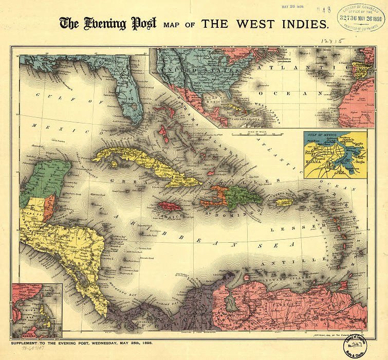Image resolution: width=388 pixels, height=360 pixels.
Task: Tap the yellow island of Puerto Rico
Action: (284, 202)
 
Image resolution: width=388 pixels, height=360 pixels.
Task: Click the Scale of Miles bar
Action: (257, 135)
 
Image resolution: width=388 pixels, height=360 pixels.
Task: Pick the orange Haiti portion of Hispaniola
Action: (218, 195)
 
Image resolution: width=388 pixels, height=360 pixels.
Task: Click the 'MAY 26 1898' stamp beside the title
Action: (294, 8)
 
